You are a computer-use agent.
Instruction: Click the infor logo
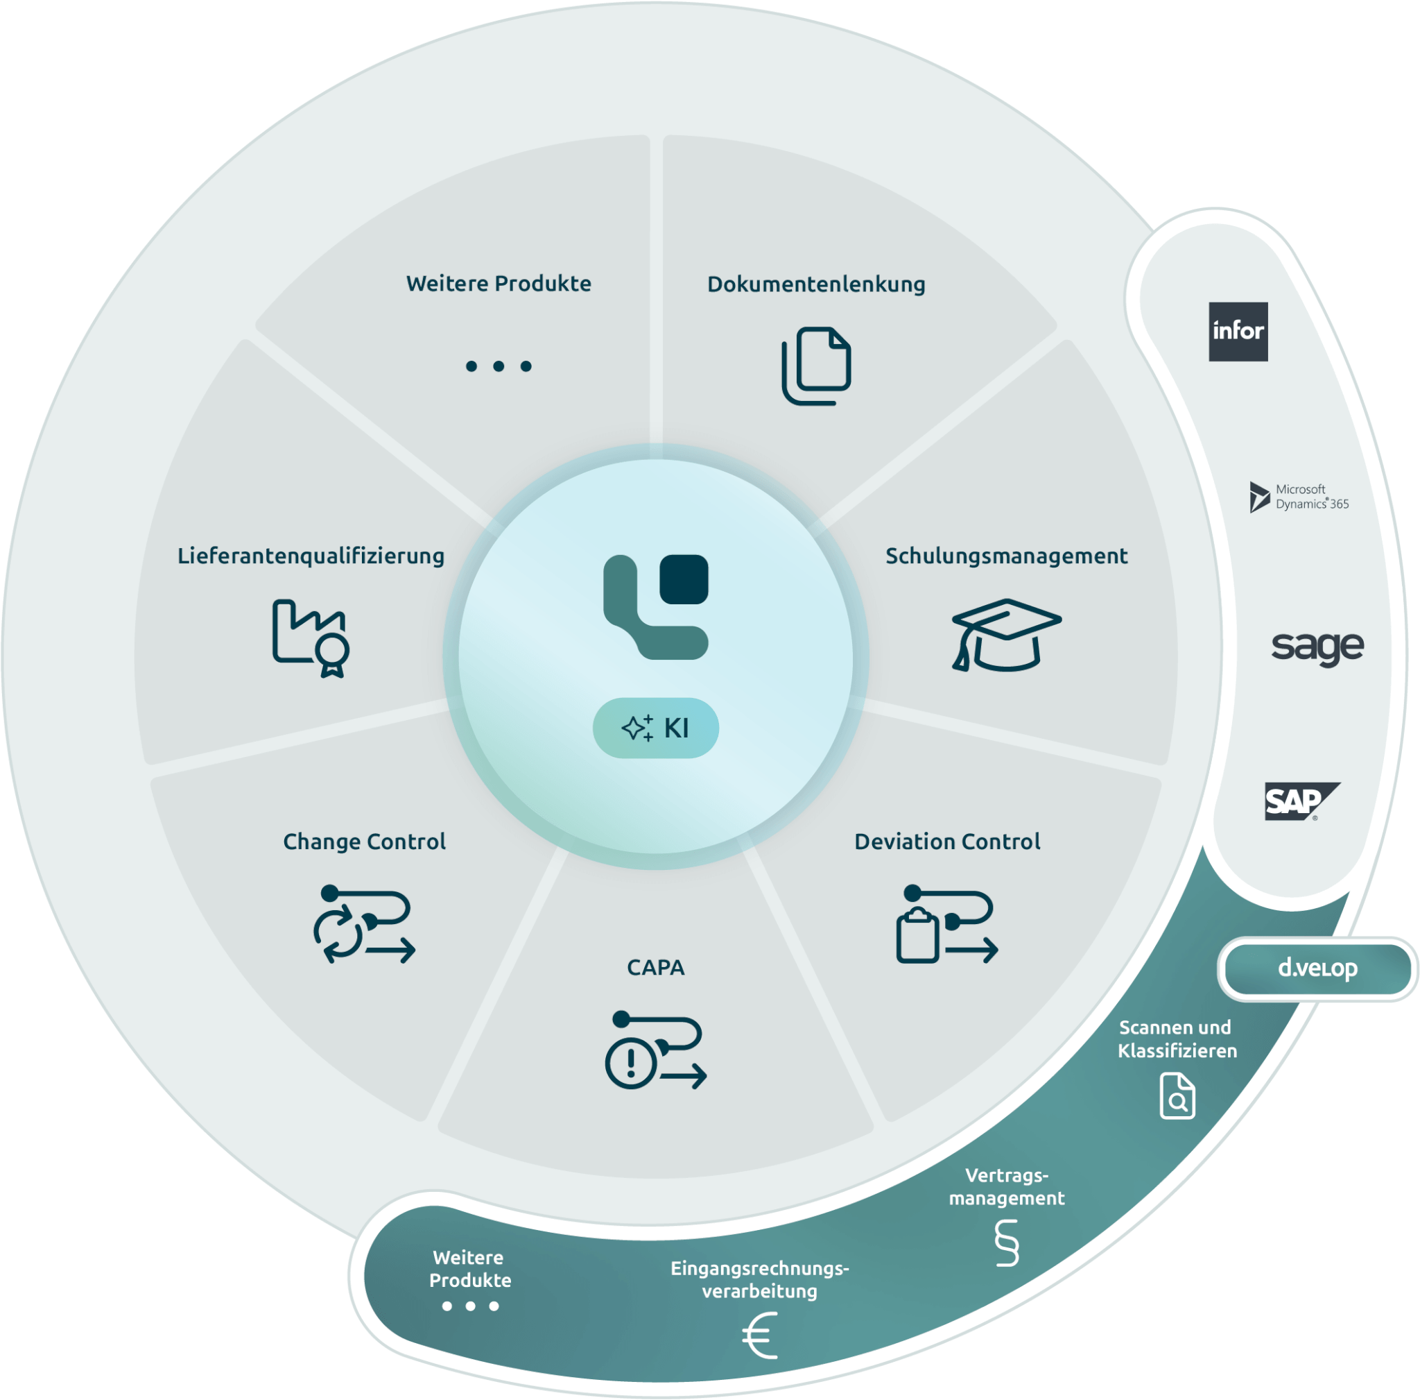click(1238, 332)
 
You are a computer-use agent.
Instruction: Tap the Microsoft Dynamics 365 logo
click(1299, 497)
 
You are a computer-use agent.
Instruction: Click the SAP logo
click(1301, 801)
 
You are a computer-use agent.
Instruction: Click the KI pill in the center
click(656, 728)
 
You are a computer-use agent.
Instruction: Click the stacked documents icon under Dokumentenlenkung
click(816, 366)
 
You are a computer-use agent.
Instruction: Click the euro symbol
click(760, 1336)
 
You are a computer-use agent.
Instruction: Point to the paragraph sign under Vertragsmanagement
click(1007, 1243)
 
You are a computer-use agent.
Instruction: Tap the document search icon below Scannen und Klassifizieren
click(1177, 1096)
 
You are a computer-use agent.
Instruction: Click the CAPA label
click(656, 968)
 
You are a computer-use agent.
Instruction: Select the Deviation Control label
click(947, 842)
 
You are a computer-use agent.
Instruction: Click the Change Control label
click(365, 842)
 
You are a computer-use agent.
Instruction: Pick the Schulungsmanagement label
click(1006, 556)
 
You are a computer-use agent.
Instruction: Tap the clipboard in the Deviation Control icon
click(917, 935)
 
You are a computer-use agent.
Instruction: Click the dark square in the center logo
click(684, 579)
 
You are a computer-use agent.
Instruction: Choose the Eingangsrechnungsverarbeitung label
click(760, 1280)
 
